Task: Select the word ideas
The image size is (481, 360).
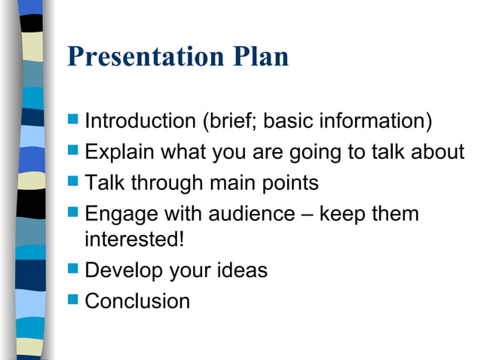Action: point(240,270)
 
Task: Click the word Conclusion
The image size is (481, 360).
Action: point(137,301)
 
